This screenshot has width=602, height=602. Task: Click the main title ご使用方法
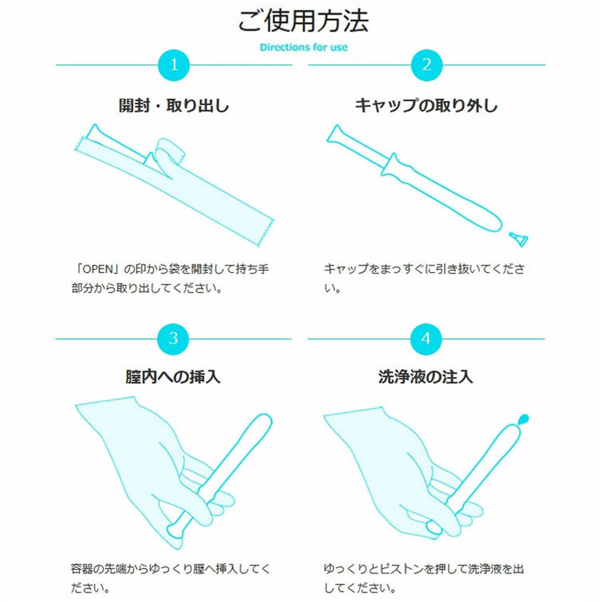click(302, 22)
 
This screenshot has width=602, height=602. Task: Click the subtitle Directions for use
click(303, 48)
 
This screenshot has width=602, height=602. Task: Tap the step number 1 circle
click(174, 65)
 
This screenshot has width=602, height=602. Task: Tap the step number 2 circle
click(426, 65)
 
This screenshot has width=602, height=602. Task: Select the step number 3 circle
click(174, 339)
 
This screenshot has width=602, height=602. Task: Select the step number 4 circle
click(426, 339)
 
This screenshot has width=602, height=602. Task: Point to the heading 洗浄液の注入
click(426, 376)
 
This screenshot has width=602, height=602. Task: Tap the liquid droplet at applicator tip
click(524, 418)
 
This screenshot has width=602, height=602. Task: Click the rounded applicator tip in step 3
click(263, 421)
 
